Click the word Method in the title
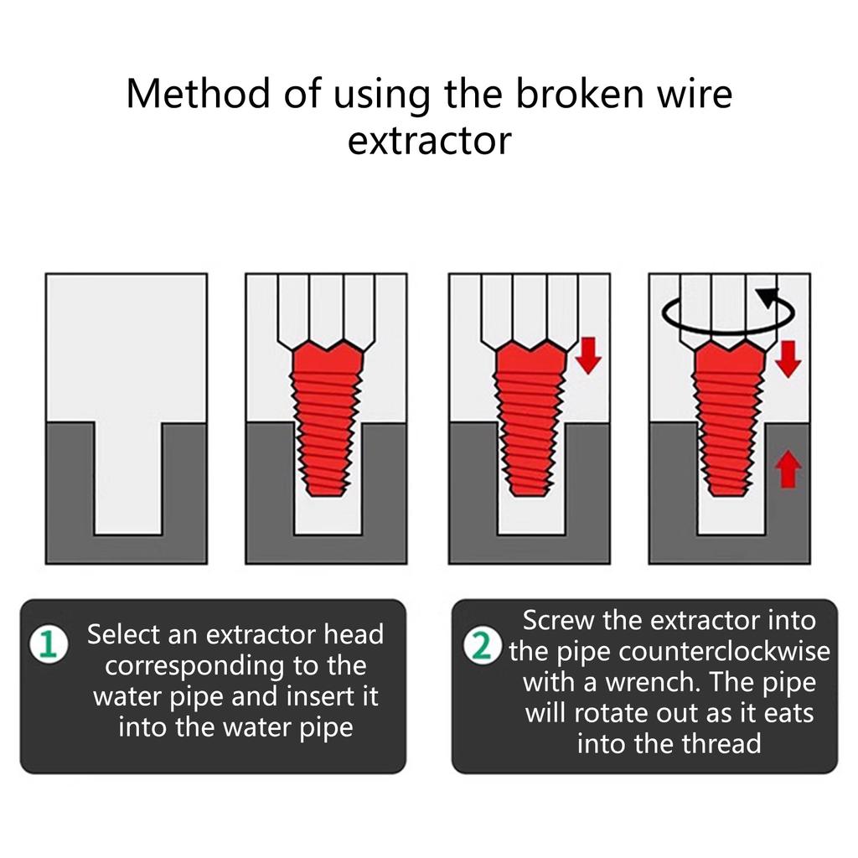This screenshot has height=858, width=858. tap(198, 94)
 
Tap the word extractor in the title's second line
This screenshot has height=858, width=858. tap(430, 142)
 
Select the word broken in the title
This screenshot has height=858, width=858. tap(579, 94)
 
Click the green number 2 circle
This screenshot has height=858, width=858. tap(482, 646)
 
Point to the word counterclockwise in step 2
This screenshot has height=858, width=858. tap(725, 651)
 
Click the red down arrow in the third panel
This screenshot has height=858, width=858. tap(588, 355)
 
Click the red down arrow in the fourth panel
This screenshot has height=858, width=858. tap(788, 359)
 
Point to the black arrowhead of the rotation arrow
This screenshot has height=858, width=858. tap(769, 298)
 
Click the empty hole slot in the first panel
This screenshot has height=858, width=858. tap(128, 478)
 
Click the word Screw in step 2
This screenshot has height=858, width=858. tap(558, 621)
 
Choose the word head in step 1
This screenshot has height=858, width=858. tap(354, 635)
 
